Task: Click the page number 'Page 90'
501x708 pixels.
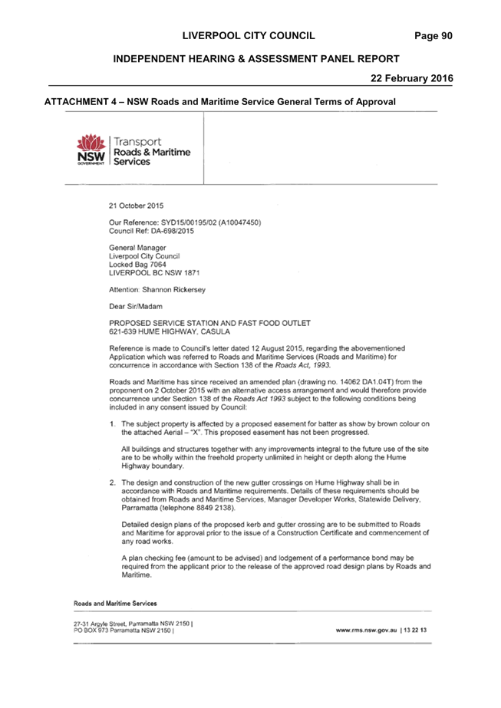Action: pos(433,36)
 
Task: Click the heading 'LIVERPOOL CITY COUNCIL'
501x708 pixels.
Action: pos(249,36)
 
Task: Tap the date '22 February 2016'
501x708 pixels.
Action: pos(411,78)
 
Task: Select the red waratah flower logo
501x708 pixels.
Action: pos(91,143)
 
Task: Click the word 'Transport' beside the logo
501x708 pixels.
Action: pos(137,142)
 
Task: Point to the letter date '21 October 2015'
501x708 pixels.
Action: pos(136,206)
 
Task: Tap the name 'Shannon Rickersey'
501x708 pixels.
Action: pos(173,289)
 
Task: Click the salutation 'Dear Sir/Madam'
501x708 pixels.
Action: pos(136,306)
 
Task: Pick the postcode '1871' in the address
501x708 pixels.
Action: pos(192,273)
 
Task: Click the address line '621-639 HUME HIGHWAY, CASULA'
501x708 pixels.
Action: pos(170,331)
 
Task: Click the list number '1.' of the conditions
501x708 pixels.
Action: pos(113,424)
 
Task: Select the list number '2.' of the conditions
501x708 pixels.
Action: pos(113,482)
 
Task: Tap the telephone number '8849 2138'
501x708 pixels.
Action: pos(216,508)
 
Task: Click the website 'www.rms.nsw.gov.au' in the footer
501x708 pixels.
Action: pos(367,630)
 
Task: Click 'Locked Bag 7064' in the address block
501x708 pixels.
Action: pos(137,265)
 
